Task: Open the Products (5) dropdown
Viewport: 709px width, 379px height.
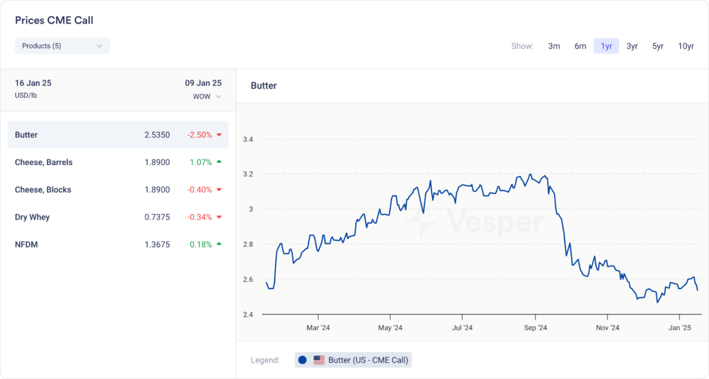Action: click(x=62, y=46)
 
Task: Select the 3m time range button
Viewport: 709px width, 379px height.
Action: click(x=554, y=46)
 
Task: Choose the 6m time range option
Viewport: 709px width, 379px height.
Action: click(x=580, y=46)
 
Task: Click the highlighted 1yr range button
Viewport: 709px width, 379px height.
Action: click(x=606, y=46)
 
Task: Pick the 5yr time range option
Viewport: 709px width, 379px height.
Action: click(x=658, y=46)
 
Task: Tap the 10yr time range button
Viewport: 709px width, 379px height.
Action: click(x=685, y=46)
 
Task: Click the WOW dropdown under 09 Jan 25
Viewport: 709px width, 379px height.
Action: click(x=207, y=96)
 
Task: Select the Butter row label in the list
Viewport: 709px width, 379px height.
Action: click(x=26, y=135)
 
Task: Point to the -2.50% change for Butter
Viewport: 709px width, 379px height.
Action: click(x=199, y=135)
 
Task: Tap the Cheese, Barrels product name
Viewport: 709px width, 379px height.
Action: click(x=44, y=162)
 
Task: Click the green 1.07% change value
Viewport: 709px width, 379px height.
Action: click(x=201, y=162)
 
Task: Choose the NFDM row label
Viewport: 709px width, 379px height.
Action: click(x=26, y=245)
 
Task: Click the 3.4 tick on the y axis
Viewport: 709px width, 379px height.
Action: click(x=248, y=139)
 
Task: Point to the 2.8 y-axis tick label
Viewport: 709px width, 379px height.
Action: click(x=248, y=245)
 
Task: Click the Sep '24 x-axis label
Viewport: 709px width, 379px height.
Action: click(x=535, y=328)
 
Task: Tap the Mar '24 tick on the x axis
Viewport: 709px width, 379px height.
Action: click(x=317, y=328)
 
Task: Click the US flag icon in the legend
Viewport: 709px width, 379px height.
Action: click(x=319, y=360)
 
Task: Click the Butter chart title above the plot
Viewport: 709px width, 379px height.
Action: click(x=264, y=86)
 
